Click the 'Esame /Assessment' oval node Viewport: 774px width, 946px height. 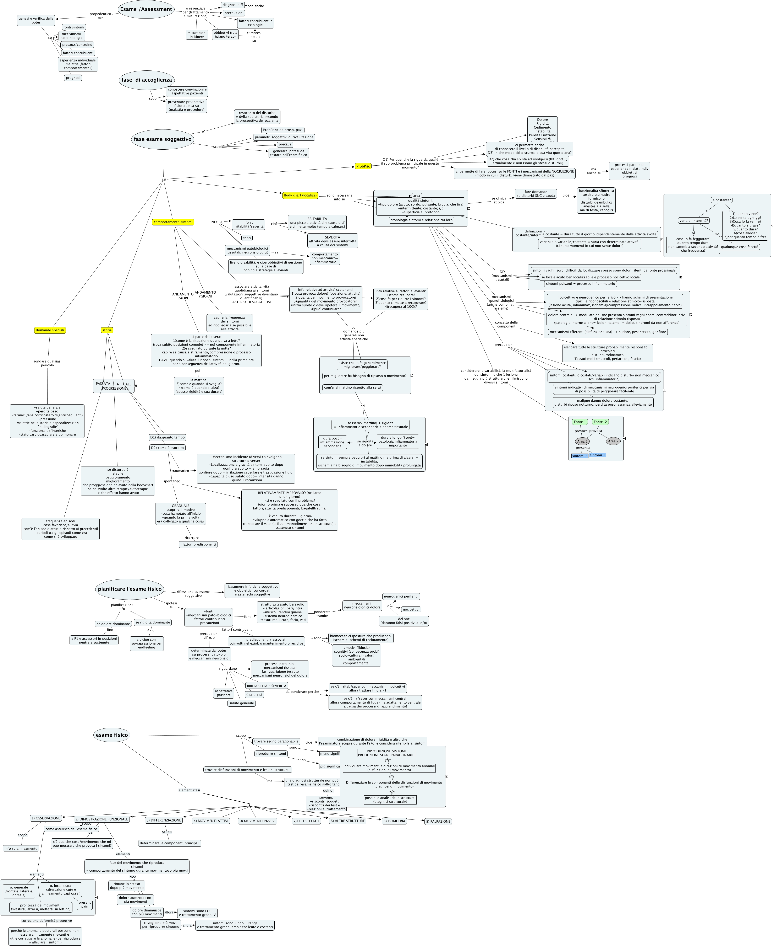(x=146, y=9)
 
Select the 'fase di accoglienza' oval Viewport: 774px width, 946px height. (x=146, y=80)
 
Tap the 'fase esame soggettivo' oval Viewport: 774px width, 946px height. (x=163, y=139)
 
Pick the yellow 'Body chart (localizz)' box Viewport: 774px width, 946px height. (x=300, y=196)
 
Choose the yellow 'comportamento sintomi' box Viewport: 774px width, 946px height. (x=173, y=222)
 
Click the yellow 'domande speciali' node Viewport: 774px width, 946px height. (x=50, y=330)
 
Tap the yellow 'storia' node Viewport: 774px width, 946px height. (x=107, y=330)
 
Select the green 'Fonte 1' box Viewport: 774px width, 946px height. (x=580, y=422)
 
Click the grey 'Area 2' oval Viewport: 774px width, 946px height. (x=613, y=441)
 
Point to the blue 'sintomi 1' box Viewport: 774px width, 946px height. (x=597, y=455)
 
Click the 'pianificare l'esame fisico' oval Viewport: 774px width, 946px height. (x=129, y=589)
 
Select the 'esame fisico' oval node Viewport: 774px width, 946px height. (x=111, y=735)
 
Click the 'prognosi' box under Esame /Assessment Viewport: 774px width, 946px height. (x=73, y=78)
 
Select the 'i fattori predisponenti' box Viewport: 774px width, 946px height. (x=198, y=544)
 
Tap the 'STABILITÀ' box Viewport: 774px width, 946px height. (x=254, y=695)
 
